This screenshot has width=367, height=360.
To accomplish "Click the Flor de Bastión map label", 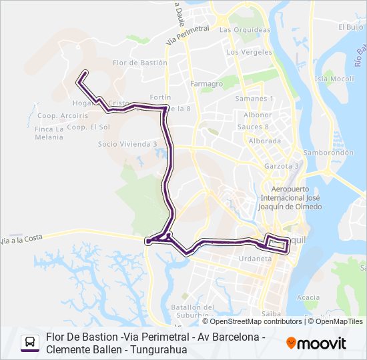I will (x=139, y=63).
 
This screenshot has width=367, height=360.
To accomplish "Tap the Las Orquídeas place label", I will (x=244, y=30).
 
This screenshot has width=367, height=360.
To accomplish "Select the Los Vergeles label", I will (x=250, y=52).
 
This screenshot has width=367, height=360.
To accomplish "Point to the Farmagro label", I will (x=206, y=84).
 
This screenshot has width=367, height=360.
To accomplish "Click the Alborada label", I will (x=264, y=141).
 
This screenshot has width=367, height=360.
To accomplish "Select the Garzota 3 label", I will (x=282, y=166).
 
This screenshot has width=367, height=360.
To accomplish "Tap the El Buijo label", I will (x=350, y=27).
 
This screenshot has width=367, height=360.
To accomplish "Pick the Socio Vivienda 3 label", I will (x=127, y=143).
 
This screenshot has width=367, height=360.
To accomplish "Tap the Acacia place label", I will (x=308, y=297).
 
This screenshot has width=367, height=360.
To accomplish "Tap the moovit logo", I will (x=316, y=343).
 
